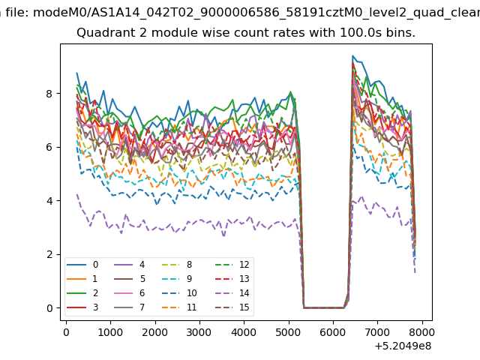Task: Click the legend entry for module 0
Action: (82, 265)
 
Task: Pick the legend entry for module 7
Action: (129, 307)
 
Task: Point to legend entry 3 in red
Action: (82, 307)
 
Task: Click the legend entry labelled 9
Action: (178, 278)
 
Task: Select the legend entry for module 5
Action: (129, 278)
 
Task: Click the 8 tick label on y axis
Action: (49, 93)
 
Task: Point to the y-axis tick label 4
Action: (49, 201)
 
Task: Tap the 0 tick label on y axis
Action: (49, 308)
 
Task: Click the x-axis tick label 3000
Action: (199, 332)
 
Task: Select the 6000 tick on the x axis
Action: (333, 332)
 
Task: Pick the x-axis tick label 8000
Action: (421, 332)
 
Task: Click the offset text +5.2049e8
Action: (403, 346)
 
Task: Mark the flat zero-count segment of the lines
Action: (324, 307)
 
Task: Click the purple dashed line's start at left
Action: (76, 194)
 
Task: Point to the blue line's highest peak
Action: (352, 55)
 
